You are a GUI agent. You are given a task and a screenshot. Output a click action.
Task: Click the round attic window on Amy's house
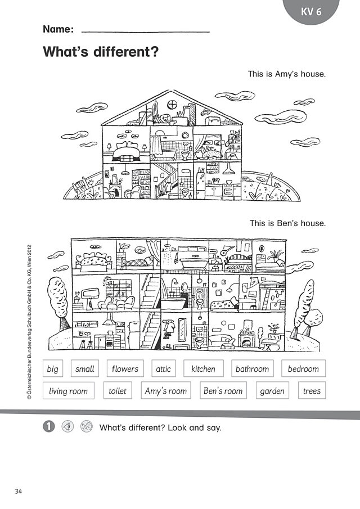coord(172,105)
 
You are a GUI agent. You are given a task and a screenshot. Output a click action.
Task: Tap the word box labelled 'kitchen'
coord(204,368)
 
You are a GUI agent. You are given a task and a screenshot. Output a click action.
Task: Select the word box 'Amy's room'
coord(166,390)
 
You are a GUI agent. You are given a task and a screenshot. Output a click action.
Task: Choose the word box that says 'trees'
coord(312,390)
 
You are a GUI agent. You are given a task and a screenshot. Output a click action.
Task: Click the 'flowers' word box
coord(125,368)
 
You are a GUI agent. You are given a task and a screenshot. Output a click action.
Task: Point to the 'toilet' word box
coord(118,390)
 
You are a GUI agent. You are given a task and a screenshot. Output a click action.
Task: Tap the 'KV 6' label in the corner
coord(311,12)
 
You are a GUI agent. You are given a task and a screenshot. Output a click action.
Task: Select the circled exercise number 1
coord(49,426)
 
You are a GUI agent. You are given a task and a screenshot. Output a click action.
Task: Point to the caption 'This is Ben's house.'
coord(287,223)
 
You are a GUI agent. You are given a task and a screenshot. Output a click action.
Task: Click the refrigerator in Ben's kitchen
coord(133,335)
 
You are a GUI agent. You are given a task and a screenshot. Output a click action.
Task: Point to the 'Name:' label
coord(58,29)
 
